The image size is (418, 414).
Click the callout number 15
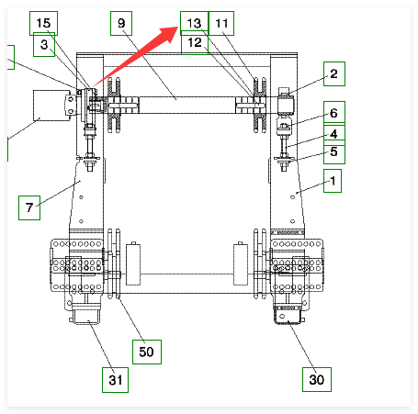pos(43,23)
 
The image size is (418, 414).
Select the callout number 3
pos(44,45)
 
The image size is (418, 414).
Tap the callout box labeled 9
pos(121,23)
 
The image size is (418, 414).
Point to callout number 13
pos(194,23)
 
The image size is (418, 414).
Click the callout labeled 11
pos(221,23)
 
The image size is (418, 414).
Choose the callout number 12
pos(195,42)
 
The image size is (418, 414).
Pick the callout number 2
pos(334,73)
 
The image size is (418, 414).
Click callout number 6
pos(334,113)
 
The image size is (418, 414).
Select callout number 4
pos(334,134)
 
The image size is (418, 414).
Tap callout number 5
pos(334,151)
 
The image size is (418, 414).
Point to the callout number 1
pos(333,181)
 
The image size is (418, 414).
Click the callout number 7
pos(29,207)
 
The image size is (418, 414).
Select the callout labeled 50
pos(147,352)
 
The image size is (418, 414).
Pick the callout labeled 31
pos(115,380)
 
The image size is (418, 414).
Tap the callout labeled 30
pos(317,380)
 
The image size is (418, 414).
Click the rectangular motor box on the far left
pos(51,106)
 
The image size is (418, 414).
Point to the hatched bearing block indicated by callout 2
pos(286,105)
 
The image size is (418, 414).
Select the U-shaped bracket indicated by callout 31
pos(86,314)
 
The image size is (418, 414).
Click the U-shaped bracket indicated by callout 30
pos(288,315)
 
